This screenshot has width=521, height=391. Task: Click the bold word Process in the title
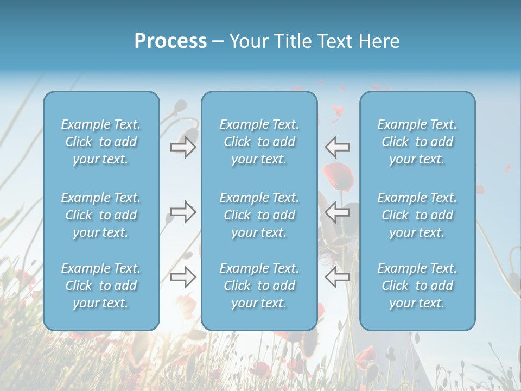tap(170, 41)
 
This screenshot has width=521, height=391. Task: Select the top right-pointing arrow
tap(183, 147)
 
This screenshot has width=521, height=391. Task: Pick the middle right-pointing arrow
tap(183, 212)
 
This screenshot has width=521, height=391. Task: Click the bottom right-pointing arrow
tap(183, 277)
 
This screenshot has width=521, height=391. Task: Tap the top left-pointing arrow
tap(338, 147)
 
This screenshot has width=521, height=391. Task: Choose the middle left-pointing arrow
tap(338, 212)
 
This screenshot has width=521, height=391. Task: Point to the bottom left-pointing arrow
tap(338, 277)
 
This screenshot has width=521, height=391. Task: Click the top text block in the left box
tap(101, 142)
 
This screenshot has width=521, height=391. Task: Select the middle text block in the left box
tap(101, 215)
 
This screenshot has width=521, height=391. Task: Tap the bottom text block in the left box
tap(101, 286)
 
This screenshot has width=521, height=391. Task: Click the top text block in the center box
tap(259, 142)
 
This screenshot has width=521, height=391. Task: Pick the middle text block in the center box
tap(259, 215)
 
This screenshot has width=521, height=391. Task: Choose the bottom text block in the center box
tap(259, 286)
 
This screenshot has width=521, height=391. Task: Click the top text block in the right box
tap(417, 142)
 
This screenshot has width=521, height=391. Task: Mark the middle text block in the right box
tap(417, 215)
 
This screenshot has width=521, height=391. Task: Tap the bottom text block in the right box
tap(417, 286)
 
